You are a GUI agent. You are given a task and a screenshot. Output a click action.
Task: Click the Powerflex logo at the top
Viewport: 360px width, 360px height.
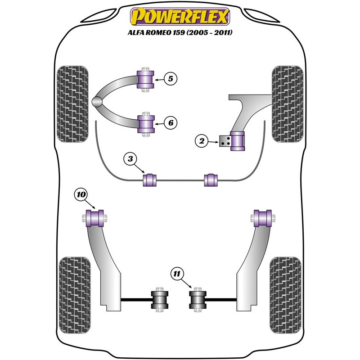point(180,17)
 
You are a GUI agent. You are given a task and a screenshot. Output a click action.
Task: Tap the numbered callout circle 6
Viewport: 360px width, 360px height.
point(171,122)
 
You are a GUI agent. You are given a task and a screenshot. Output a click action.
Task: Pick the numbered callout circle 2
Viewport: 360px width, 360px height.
point(202,141)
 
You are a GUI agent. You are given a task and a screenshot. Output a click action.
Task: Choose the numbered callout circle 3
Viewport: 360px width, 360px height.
point(130,159)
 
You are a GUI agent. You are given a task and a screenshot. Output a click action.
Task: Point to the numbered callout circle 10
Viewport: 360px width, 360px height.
point(81,195)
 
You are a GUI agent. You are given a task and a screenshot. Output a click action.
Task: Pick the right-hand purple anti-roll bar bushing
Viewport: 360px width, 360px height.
point(211,180)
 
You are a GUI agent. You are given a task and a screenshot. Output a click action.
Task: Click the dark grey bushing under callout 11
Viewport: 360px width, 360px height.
point(196,300)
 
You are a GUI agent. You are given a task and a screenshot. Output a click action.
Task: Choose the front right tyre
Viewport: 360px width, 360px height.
point(287,104)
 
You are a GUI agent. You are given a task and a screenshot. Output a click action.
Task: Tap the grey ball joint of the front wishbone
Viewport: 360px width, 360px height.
point(98,102)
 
